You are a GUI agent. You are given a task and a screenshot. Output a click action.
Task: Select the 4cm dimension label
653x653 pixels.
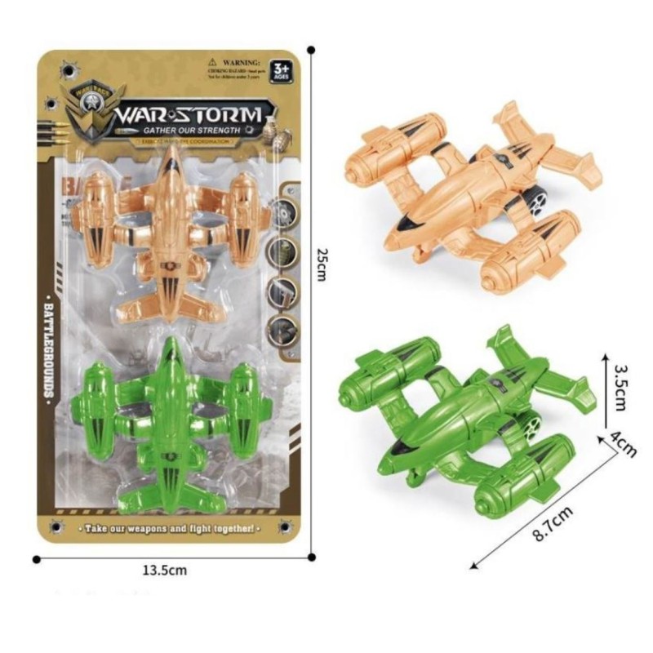point(626,446)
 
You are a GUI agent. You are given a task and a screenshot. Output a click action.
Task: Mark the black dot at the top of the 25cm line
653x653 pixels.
point(313,51)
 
